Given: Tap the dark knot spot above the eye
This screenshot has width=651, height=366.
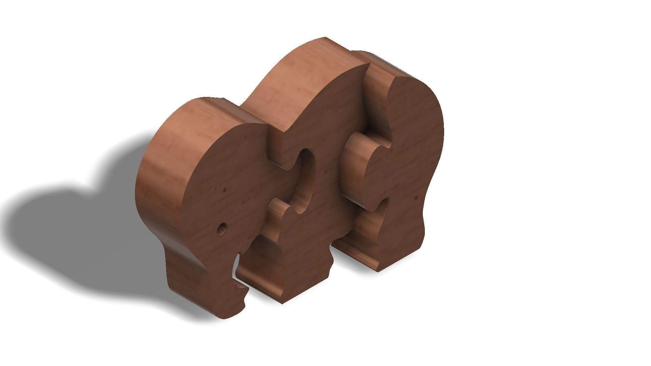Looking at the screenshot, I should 224,190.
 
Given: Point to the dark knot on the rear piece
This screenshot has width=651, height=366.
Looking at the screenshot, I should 416,197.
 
